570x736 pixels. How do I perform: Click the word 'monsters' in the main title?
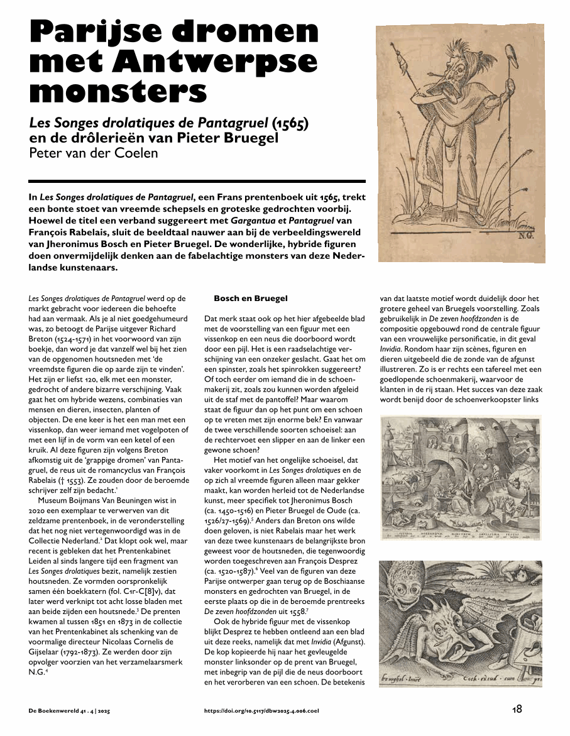click(118, 92)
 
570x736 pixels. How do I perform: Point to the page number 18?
click(517, 709)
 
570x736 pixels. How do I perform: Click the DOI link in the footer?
click(261, 710)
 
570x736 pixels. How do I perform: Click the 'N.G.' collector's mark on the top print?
click(525, 237)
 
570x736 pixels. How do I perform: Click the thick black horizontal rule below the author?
click(197, 181)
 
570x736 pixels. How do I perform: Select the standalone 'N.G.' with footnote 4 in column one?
click(39, 672)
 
